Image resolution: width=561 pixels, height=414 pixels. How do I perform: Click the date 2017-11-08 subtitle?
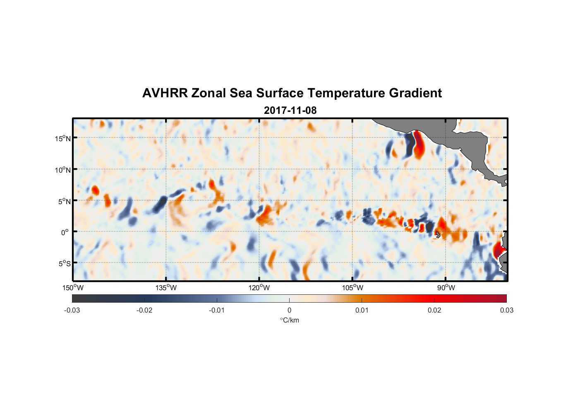(290, 111)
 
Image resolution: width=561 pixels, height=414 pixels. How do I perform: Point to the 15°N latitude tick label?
(63, 138)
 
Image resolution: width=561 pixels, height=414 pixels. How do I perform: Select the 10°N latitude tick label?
(63, 170)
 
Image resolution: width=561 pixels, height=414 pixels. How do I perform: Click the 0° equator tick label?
(65, 233)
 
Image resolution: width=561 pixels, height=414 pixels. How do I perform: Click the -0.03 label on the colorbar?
(72, 310)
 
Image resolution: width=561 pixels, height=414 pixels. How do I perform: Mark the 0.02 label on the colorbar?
(434, 310)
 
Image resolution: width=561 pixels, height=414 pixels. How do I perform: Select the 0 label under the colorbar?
(289, 310)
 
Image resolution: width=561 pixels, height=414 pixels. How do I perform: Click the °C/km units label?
(290, 320)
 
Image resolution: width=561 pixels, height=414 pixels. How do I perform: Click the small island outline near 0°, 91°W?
(438, 235)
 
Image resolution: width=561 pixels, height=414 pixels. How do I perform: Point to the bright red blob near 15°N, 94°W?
(419, 145)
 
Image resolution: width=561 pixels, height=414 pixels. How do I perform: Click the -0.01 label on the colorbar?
(217, 310)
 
